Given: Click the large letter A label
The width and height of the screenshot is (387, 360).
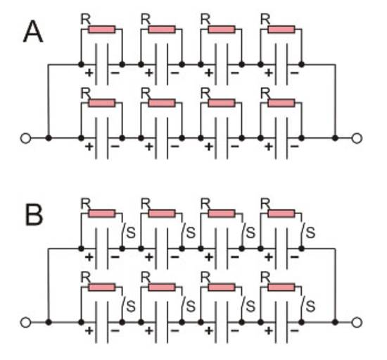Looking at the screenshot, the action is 33,32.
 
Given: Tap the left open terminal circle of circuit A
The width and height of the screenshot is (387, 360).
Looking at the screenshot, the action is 25,138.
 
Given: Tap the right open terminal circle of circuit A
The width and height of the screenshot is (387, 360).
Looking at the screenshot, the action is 357,138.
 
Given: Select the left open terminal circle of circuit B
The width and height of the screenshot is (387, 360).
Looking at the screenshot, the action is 25,323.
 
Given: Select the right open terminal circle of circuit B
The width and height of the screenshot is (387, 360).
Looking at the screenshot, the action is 357,323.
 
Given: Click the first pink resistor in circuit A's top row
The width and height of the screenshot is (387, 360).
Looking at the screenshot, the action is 102,30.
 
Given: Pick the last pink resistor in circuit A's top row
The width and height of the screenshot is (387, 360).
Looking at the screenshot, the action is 281,30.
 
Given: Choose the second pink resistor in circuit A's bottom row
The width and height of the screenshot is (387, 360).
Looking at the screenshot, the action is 162,103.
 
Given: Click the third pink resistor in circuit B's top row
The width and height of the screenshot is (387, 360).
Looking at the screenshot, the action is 222,213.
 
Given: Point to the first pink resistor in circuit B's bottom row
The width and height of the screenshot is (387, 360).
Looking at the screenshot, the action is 102,287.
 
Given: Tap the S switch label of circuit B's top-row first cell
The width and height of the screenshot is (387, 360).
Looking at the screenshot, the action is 131,232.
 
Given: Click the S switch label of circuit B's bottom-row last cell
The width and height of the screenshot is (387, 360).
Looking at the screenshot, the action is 310,306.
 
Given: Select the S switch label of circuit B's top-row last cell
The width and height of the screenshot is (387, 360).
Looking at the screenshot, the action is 310,232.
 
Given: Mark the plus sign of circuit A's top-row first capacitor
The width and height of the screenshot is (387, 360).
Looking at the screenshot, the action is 89,73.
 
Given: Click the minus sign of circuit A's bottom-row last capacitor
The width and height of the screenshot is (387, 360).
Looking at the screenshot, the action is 295,147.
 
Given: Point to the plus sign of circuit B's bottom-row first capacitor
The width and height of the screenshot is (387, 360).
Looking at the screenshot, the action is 89,330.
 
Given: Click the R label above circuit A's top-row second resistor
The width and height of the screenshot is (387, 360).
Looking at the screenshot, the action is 146,19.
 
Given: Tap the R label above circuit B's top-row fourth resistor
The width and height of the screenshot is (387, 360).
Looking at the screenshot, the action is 265,204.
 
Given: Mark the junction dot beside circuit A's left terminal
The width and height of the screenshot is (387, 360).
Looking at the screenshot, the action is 49,138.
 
